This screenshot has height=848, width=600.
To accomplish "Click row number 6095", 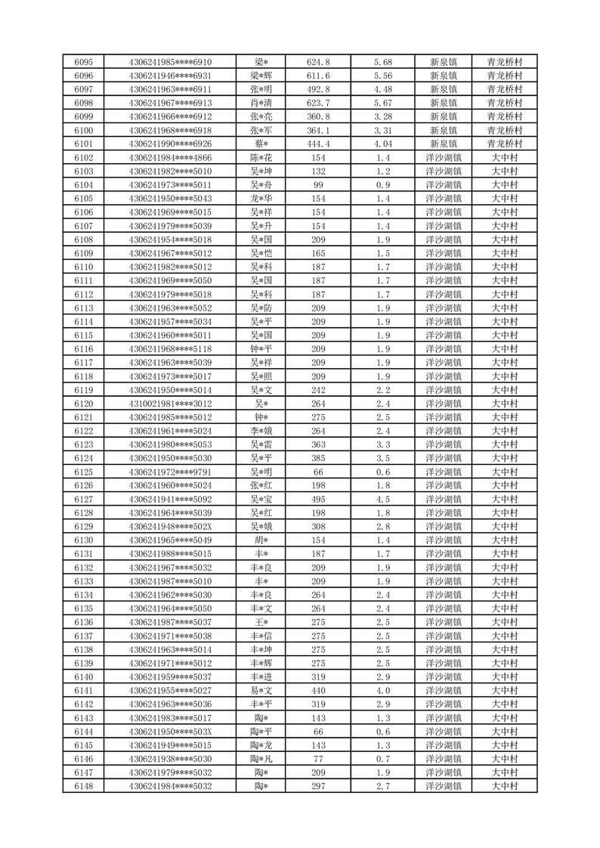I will click(84, 62).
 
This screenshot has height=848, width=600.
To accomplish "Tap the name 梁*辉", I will click(262, 76).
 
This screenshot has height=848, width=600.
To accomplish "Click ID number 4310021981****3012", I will click(171, 404).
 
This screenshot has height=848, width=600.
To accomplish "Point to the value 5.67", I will click(383, 103).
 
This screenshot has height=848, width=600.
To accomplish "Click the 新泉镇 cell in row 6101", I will click(443, 144).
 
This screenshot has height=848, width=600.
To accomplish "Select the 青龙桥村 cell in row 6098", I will click(505, 103).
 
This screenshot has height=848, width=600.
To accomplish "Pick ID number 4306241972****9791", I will click(171, 472).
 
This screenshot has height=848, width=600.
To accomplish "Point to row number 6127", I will click(84, 499).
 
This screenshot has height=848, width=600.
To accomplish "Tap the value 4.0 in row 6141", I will click(383, 690).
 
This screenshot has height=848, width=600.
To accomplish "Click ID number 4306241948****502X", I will click(171, 526).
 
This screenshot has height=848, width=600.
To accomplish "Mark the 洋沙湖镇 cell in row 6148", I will click(443, 786).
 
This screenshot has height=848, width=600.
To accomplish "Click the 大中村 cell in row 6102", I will click(505, 158).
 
